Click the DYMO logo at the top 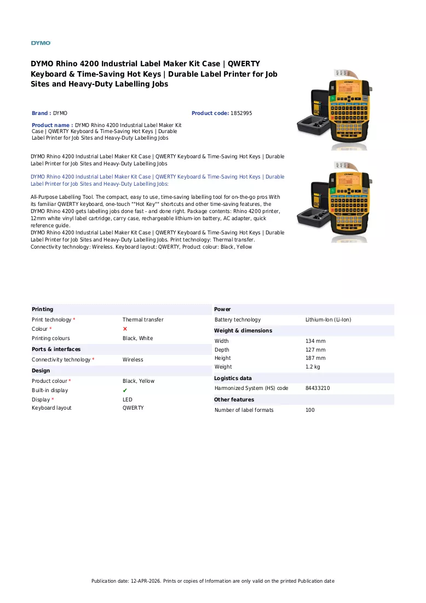[41, 43]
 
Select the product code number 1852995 [241, 113]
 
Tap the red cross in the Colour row [125, 329]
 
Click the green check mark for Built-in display [125, 390]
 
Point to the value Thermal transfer [143, 320]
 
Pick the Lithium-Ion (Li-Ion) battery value [329, 320]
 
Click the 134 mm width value [315, 341]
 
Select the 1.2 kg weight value [313, 367]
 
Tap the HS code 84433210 [318, 388]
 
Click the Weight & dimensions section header [243, 330]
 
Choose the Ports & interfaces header [56, 349]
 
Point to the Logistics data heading [233, 378]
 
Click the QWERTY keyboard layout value [133, 407]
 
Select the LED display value [127, 400]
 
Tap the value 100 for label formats [310, 410]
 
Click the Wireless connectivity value [133, 360]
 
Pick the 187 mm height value [315, 358]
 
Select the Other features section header [234, 400]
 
